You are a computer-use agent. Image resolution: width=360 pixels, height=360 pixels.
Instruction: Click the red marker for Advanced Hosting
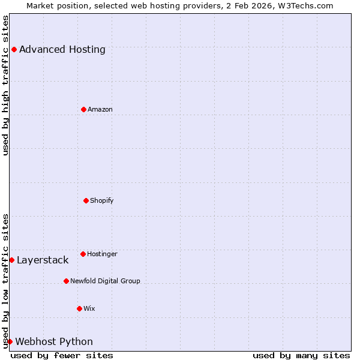click(x=14, y=49)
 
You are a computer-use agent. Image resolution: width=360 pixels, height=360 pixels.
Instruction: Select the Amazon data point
click(x=83, y=109)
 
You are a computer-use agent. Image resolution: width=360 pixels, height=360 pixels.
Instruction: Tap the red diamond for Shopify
click(x=86, y=200)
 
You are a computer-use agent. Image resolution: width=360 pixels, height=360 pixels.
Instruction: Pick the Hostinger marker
click(x=83, y=254)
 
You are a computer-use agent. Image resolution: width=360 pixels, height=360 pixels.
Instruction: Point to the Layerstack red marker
click(x=11, y=260)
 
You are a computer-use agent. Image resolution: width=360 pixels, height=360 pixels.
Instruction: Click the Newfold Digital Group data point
click(x=66, y=281)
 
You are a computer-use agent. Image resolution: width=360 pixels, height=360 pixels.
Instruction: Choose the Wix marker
click(x=79, y=308)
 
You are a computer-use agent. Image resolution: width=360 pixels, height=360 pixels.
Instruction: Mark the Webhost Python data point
click(x=10, y=341)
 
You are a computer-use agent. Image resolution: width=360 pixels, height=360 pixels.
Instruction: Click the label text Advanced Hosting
click(x=62, y=49)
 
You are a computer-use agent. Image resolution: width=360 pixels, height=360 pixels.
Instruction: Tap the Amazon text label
click(x=100, y=109)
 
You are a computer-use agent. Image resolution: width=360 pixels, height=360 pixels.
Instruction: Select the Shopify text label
click(x=102, y=200)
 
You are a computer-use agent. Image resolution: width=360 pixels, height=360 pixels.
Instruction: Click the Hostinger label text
click(x=102, y=254)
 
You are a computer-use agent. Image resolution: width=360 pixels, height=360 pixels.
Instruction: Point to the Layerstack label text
click(x=43, y=260)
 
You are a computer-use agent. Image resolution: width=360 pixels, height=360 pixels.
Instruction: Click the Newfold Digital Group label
click(x=105, y=281)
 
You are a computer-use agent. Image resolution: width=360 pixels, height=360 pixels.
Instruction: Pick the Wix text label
click(x=89, y=308)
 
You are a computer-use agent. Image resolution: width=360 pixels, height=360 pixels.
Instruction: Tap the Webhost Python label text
click(x=54, y=341)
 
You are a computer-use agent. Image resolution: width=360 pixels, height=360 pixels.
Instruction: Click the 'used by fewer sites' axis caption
click(x=62, y=355)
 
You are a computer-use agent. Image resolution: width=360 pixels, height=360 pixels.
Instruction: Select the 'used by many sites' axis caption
click(x=301, y=355)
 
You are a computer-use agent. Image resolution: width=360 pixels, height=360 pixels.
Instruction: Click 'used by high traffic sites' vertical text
click(x=5, y=85)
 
